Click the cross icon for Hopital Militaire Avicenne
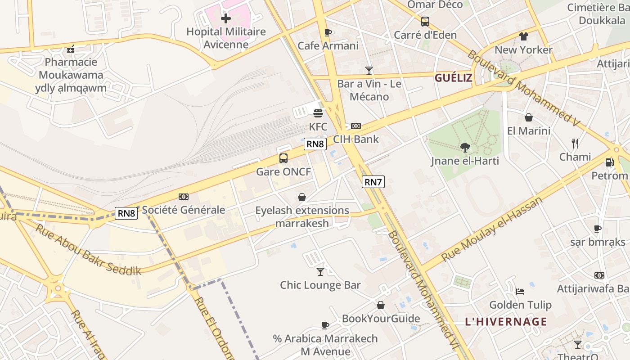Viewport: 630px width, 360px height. click(226, 18)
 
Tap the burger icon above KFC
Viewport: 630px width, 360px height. click(318, 113)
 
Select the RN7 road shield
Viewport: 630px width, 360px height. click(373, 182)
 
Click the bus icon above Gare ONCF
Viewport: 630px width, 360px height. click(283, 158)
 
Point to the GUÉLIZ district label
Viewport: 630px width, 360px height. click(453, 78)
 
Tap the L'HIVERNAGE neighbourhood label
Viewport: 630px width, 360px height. click(506, 322)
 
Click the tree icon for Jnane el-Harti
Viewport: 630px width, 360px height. click(465, 147)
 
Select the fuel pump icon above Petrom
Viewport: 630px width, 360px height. click(609, 162)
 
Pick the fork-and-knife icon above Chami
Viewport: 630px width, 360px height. click(575, 144)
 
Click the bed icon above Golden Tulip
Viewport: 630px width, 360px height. click(520, 292)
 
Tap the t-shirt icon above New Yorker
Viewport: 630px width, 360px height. click(523, 36)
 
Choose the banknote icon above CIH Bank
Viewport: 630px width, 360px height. click(356, 126)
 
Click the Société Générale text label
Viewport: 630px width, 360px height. click(184, 210)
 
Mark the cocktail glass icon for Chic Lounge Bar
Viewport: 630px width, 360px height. click(320, 271)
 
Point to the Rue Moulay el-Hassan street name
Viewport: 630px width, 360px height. click(492, 229)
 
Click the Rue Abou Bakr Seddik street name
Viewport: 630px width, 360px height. click(88, 249)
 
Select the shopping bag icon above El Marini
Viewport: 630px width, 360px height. click(529, 118)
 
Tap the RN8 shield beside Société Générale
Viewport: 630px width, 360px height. click(126, 213)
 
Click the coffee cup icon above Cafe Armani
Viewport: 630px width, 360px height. click(328, 32)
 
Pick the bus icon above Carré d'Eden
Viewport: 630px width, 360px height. click(425, 22)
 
